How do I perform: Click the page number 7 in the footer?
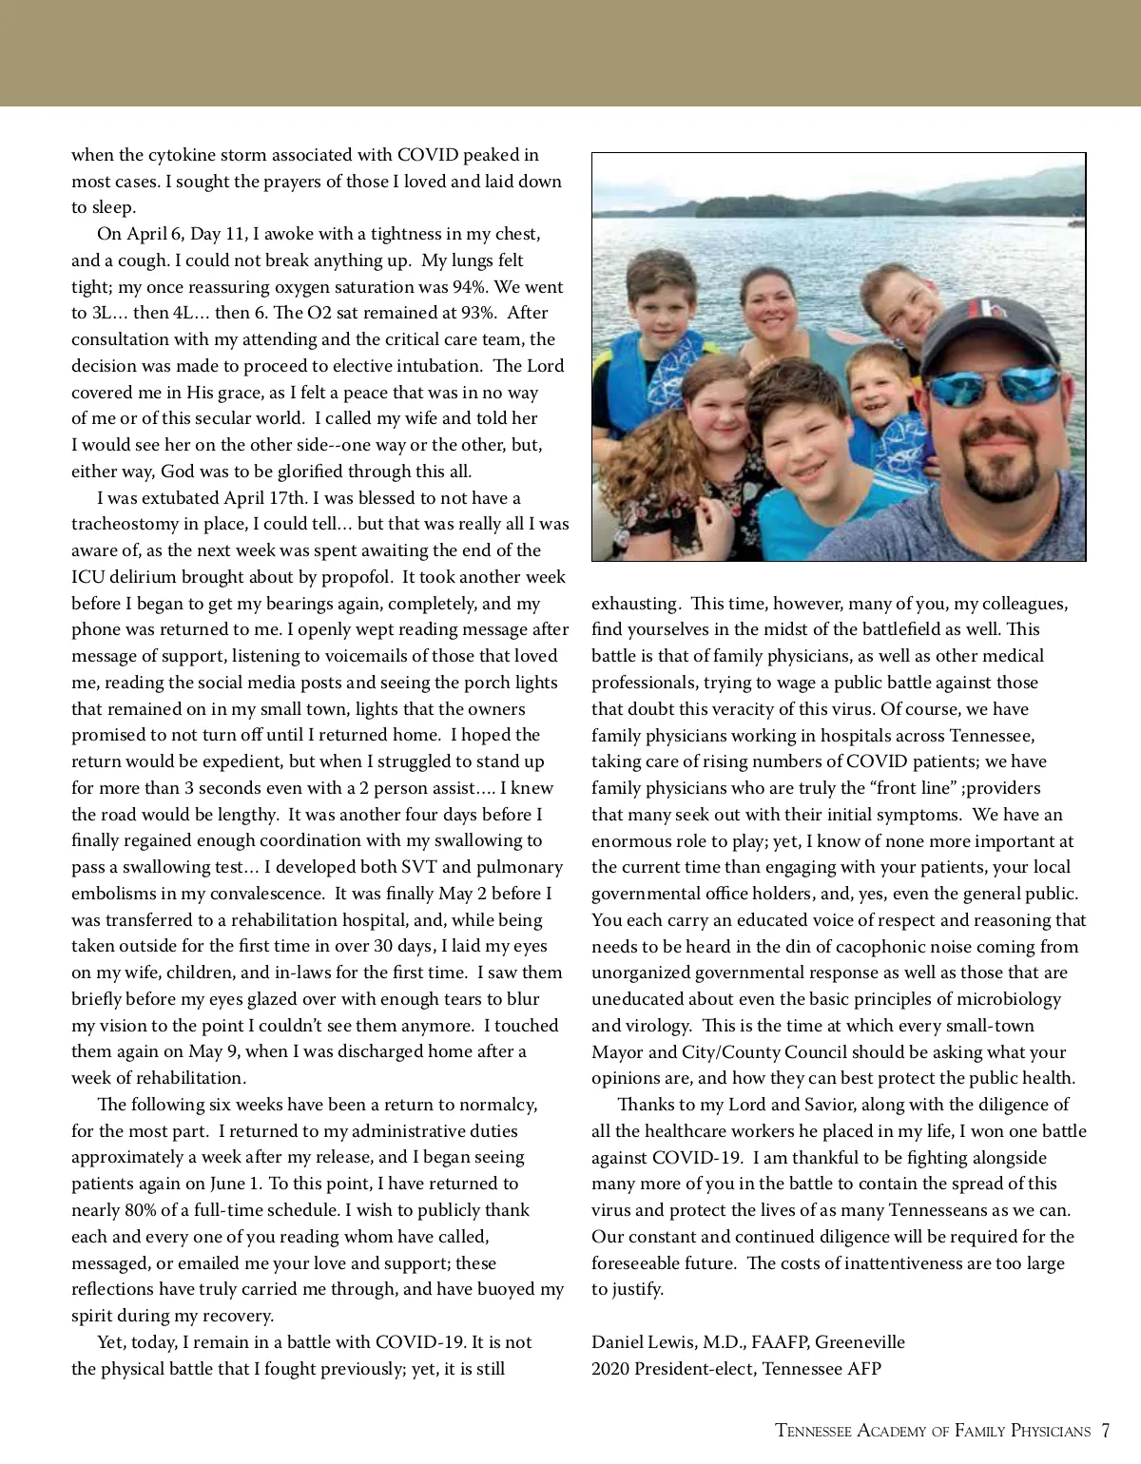click(x=1106, y=1430)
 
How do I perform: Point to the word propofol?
click(x=357, y=577)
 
